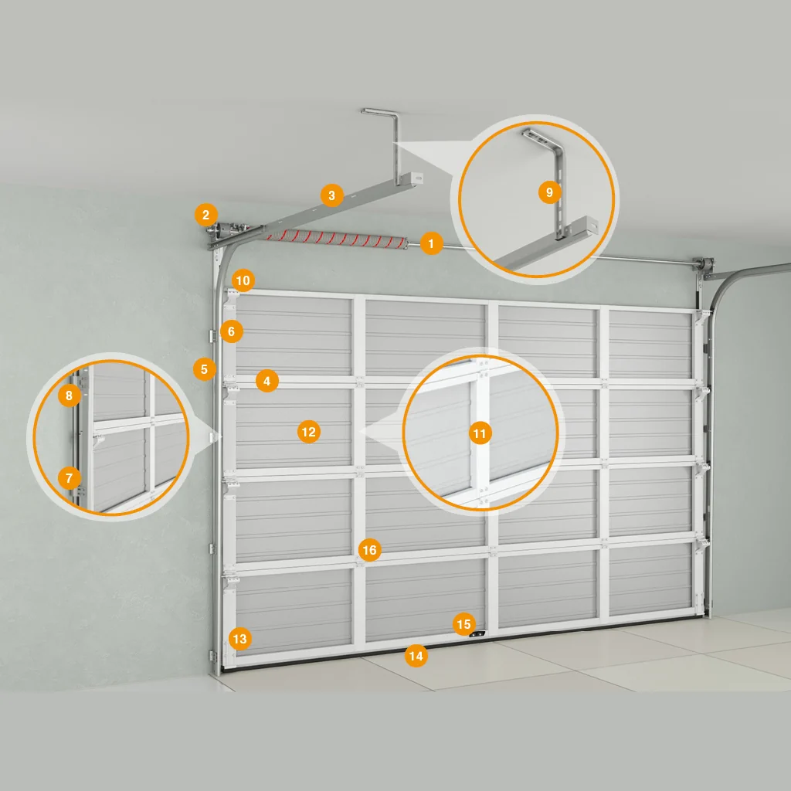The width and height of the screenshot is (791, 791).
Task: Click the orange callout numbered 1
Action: [431, 243]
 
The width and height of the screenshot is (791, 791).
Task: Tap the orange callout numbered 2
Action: [205, 216]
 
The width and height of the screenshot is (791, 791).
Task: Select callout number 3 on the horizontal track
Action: [331, 195]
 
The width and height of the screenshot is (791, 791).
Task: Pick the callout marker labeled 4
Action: [266, 382]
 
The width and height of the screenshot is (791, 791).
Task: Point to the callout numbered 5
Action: [204, 369]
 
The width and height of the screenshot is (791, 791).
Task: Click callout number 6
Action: [232, 331]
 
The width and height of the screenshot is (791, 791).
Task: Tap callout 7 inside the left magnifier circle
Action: [70, 477]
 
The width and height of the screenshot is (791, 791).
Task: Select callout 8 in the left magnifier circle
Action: [70, 395]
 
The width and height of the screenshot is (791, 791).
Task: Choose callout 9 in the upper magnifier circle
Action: [549, 192]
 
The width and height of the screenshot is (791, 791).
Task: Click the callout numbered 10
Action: [243, 280]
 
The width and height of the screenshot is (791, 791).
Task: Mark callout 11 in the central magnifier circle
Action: [480, 433]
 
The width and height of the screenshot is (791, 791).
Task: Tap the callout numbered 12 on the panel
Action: [309, 432]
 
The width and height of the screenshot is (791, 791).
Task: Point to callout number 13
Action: [239, 639]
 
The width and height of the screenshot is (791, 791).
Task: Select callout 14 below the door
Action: [416, 656]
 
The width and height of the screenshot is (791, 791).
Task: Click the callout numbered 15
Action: [463, 624]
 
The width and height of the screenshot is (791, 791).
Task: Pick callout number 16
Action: [370, 550]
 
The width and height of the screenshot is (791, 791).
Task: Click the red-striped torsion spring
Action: [335, 239]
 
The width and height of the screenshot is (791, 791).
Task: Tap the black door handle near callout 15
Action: [477, 634]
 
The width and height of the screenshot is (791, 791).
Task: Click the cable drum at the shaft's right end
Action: [706, 263]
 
